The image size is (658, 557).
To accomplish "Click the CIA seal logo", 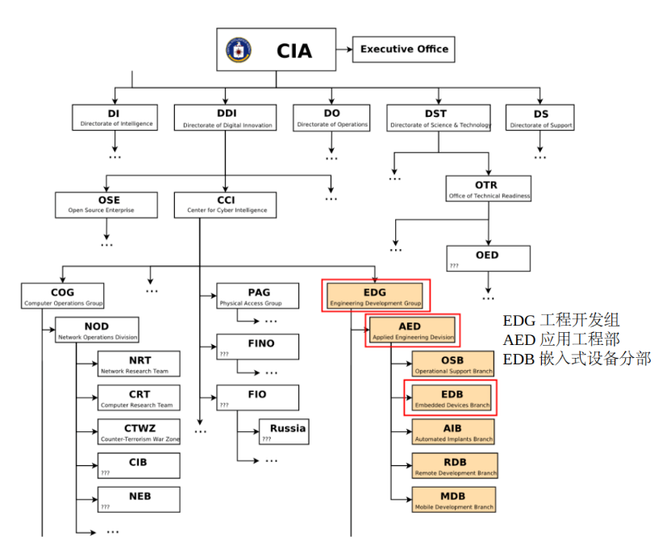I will click(239, 50).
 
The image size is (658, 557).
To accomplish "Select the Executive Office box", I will click(404, 49).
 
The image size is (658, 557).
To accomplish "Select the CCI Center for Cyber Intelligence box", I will click(225, 204).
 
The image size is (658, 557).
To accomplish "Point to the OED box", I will click(488, 259).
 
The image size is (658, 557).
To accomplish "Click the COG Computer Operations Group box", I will click(62, 296).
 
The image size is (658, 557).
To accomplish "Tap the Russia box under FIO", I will click(283, 432).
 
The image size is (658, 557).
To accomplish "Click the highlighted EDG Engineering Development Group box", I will click(375, 296).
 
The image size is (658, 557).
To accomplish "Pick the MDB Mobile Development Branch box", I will click(452, 500).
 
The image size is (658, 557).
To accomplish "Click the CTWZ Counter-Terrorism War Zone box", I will click(139, 431).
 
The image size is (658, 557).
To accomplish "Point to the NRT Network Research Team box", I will click(139, 364).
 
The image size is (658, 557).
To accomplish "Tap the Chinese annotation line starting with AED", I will click(561, 339).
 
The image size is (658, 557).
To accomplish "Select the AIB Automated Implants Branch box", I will click(452, 432).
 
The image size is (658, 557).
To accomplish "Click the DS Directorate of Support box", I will click(540, 118).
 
